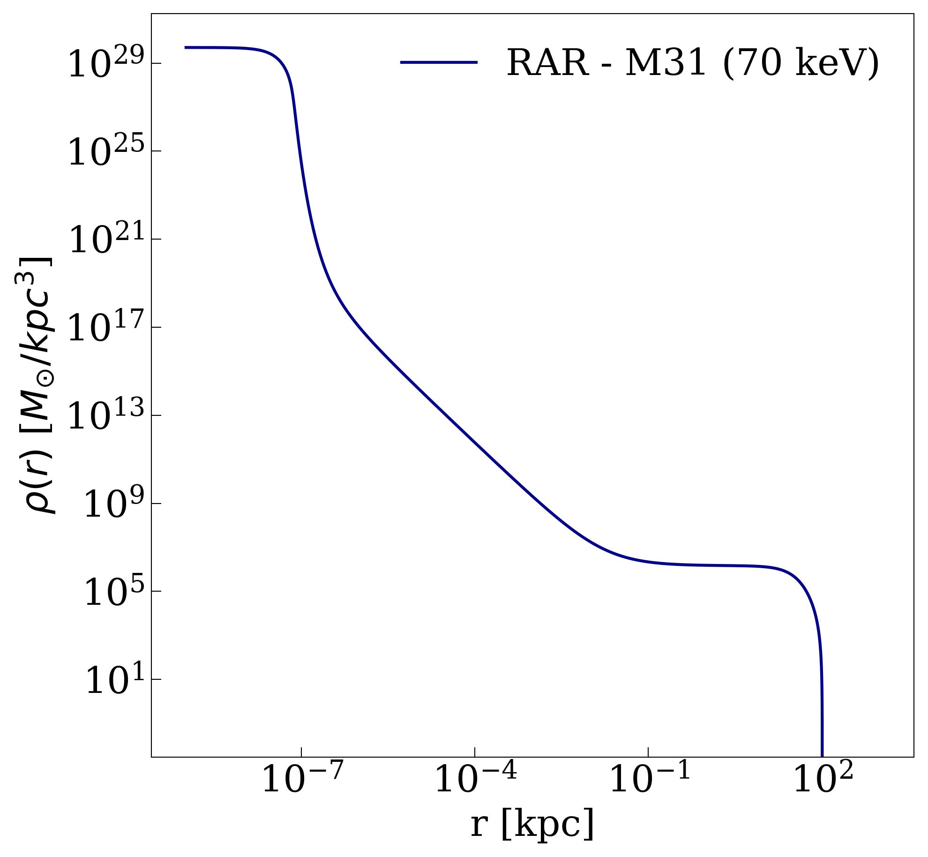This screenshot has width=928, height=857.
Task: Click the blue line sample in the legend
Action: (x=439, y=62)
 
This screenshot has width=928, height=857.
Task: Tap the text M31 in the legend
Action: (x=666, y=63)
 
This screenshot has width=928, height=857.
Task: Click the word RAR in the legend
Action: (x=547, y=63)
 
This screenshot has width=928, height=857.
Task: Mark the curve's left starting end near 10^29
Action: (x=186, y=47)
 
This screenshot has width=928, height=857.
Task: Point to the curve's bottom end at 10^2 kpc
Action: (x=822, y=754)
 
